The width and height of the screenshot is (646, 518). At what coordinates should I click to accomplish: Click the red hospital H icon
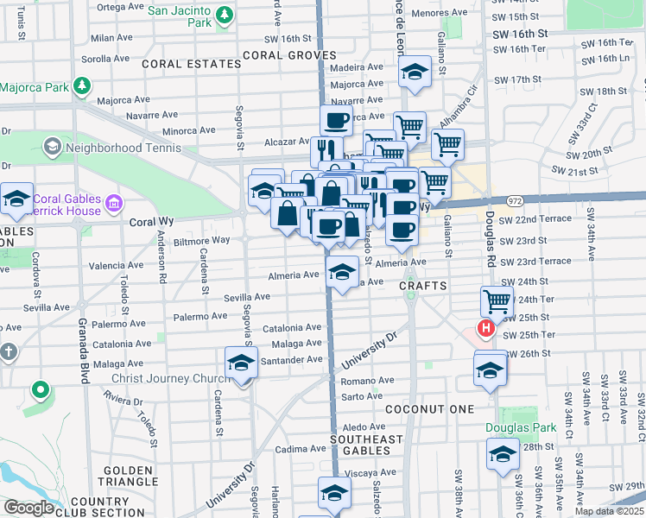click(x=486, y=329)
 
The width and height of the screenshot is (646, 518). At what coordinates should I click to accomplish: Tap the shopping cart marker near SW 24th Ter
click(x=497, y=301)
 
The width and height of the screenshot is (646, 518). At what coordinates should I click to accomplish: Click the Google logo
click(x=28, y=509)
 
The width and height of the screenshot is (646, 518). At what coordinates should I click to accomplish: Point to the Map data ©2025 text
click(x=609, y=511)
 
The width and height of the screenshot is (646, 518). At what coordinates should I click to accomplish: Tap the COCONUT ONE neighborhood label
click(x=429, y=408)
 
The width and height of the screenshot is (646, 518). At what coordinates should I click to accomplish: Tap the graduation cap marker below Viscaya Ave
click(x=334, y=492)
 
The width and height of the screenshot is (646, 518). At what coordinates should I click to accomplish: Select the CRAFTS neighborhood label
click(x=422, y=285)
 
